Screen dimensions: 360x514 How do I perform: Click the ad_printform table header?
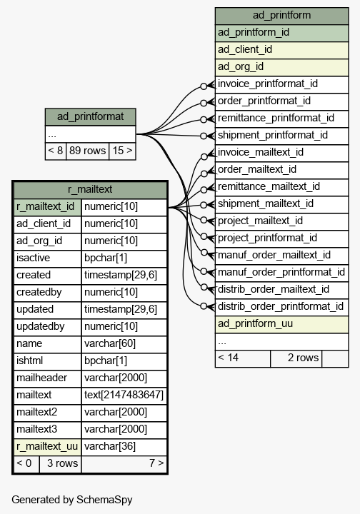tap(281, 16)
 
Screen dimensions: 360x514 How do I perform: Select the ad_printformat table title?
tap(90, 116)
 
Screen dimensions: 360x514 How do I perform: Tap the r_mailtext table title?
tap(90, 189)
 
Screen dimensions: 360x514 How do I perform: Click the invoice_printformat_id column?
tap(281, 84)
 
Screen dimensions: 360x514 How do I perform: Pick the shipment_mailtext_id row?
tap(281, 204)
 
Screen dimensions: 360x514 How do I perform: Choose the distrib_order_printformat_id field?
tap(281, 307)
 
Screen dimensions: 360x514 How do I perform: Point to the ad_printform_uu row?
tap(281, 324)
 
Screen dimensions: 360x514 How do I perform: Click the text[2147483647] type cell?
tap(124, 395)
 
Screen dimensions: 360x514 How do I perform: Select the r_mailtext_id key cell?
tap(48, 207)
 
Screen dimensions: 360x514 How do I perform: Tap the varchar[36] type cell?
tap(124, 446)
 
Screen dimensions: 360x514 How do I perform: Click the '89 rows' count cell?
tap(88, 151)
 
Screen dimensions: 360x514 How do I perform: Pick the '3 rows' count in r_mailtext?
tap(60, 463)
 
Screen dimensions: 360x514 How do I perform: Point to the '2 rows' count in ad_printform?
tap(296, 358)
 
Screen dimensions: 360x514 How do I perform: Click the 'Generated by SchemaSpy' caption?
tap(72, 500)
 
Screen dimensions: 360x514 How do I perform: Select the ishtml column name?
tap(48, 361)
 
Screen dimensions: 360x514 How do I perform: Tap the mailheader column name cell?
tap(48, 378)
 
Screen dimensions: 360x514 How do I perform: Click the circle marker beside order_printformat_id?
tap(204, 103)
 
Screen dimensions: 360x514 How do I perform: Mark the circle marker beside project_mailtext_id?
tap(204, 220)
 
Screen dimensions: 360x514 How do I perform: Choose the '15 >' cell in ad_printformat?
tap(122, 151)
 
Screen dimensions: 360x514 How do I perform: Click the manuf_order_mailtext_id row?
tap(281, 256)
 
